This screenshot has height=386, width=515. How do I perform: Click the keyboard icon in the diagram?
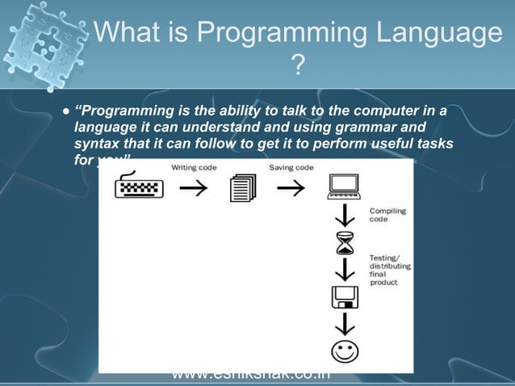point(139,188)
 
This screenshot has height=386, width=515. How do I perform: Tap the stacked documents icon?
point(242,189)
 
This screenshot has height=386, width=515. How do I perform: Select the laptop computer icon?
point(344,187)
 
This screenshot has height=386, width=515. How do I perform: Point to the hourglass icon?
point(345,243)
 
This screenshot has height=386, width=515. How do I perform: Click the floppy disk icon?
point(345,297)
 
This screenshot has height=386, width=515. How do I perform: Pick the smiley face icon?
point(345,351)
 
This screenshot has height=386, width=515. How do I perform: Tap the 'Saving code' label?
point(291,168)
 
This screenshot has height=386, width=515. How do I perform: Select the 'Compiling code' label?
point(387,216)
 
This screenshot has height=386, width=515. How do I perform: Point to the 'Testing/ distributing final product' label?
point(390,269)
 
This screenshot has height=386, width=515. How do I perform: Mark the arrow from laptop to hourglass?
point(345,216)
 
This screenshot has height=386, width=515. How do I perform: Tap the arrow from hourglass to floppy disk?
point(345,270)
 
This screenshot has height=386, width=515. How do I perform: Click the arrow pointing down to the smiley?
point(345,324)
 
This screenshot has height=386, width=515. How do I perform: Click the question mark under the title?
point(298,65)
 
